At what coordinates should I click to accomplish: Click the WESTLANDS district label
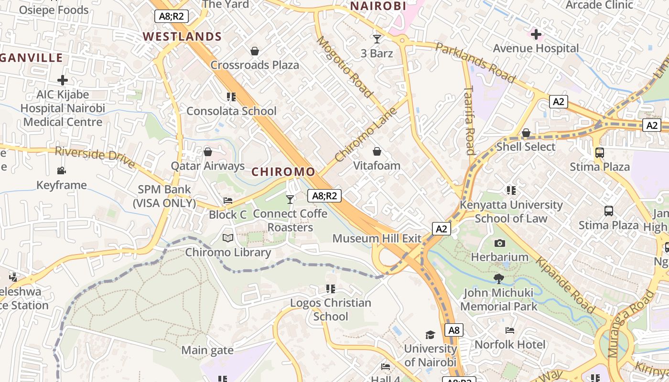click(182, 37)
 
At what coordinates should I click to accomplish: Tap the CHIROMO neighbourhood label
click(283, 172)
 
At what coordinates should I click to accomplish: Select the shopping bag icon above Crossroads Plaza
click(255, 51)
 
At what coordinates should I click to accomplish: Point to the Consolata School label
click(231, 111)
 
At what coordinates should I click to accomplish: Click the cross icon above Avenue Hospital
click(536, 34)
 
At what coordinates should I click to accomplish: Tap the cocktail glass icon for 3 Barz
click(377, 39)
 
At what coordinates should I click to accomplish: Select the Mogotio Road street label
click(344, 67)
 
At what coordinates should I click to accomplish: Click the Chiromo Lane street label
click(366, 134)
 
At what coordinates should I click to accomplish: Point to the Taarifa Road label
click(469, 120)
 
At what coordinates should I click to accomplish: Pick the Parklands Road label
click(475, 62)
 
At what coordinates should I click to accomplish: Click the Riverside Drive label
click(95, 157)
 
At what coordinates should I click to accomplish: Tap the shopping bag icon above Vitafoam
click(377, 152)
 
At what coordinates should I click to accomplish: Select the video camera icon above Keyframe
click(62, 171)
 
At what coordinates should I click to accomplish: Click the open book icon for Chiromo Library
click(228, 238)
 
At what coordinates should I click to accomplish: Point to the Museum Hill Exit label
click(377, 238)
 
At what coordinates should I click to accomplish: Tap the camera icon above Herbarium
click(500, 244)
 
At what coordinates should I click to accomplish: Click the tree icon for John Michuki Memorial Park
click(499, 279)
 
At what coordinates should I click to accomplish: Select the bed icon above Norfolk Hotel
click(510, 330)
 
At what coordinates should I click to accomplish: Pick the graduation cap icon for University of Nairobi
click(431, 335)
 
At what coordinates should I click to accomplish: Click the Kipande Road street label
click(564, 286)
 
